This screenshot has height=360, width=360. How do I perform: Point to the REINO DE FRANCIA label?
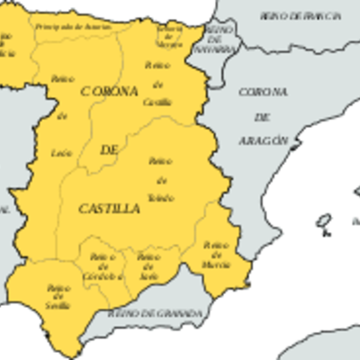click(301, 16)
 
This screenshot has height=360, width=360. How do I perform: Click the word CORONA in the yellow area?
click(109, 92)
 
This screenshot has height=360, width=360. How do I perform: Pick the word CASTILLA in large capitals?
click(110, 209)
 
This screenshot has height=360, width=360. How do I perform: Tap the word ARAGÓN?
click(264, 141)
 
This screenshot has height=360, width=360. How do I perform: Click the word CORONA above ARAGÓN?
click(263, 92)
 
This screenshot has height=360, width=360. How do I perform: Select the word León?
click(62, 153)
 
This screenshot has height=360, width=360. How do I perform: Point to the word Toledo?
click(161, 197)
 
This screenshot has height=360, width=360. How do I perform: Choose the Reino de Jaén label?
click(148, 267)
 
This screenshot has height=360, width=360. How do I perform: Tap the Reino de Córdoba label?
click(103, 267)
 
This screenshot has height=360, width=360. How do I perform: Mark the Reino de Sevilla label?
click(58, 298)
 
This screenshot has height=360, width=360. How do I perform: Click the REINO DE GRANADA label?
click(155, 314)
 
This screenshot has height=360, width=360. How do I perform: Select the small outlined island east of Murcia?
click(325, 220)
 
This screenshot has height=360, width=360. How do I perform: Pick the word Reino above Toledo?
click(160, 161)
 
